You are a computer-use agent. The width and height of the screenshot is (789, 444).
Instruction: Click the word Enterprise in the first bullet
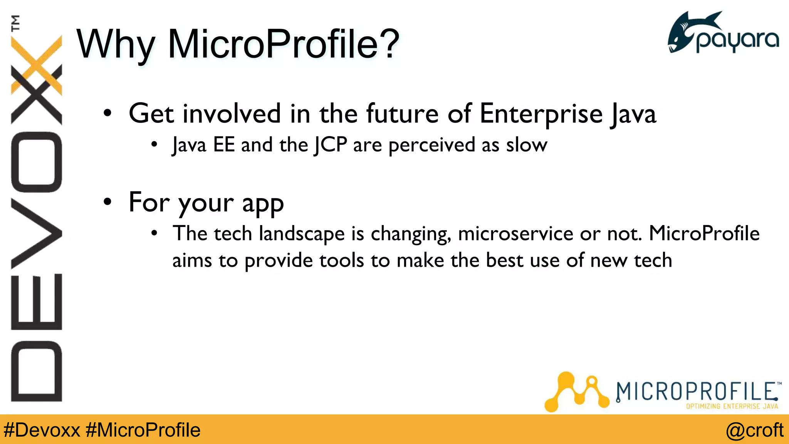(x=541, y=114)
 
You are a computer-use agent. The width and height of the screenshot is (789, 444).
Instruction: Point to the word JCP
(x=330, y=145)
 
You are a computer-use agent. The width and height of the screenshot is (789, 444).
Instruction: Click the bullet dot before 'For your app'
(x=107, y=202)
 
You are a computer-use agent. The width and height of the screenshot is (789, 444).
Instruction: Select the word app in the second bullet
(x=263, y=203)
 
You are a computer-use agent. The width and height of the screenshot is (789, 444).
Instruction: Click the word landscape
(x=302, y=234)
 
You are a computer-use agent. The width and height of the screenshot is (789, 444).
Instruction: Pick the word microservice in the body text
(x=515, y=234)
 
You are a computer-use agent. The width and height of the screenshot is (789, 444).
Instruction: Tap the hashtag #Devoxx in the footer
(x=42, y=430)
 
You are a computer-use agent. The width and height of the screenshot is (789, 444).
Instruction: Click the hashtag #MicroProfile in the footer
(x=143, y=430)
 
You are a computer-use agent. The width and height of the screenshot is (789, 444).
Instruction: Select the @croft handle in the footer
(x=754, y=430)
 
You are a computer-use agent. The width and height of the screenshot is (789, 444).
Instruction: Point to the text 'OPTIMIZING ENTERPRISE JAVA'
(x=732, y=406)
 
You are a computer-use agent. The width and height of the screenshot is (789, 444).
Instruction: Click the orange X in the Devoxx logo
(x=37, y=66)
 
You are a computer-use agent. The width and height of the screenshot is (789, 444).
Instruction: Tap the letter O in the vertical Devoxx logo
(x=37, y=162)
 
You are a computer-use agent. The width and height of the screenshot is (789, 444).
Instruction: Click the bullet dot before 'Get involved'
(x=107, y=113)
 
